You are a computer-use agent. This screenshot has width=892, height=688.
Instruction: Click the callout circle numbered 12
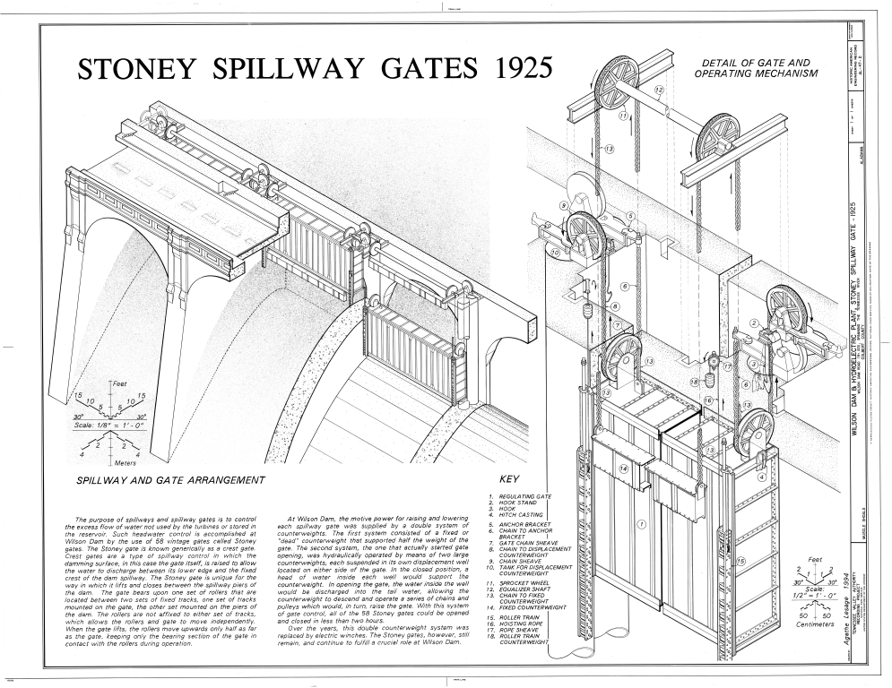pyautogui.click(x=658, y=90)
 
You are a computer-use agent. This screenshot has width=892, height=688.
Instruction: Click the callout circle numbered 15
pyautogui.click(x=741, y=562)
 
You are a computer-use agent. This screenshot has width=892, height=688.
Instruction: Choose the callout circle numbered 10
pyautogui.click(x=556, y=253)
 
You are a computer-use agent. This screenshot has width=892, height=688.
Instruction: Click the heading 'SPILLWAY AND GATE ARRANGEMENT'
pyautogui.click(x=171, y=480)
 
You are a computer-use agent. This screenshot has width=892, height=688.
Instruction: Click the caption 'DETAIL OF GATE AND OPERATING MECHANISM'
pyautogui.click(x=757, y=68)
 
